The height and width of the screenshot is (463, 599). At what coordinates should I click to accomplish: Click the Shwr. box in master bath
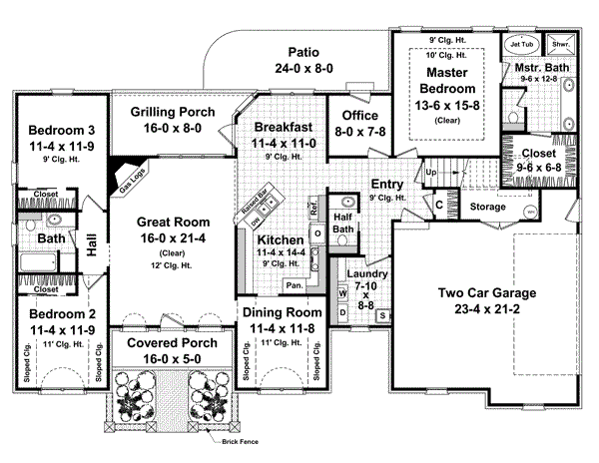pos(562,44)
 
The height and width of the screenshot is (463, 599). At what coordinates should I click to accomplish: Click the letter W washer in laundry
pos(342,292)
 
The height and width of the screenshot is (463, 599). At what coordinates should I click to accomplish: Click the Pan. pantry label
pos(296,285)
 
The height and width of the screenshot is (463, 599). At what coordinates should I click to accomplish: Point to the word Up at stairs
pos(431,173)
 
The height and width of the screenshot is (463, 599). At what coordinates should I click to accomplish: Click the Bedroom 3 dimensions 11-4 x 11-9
pos(57,146)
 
